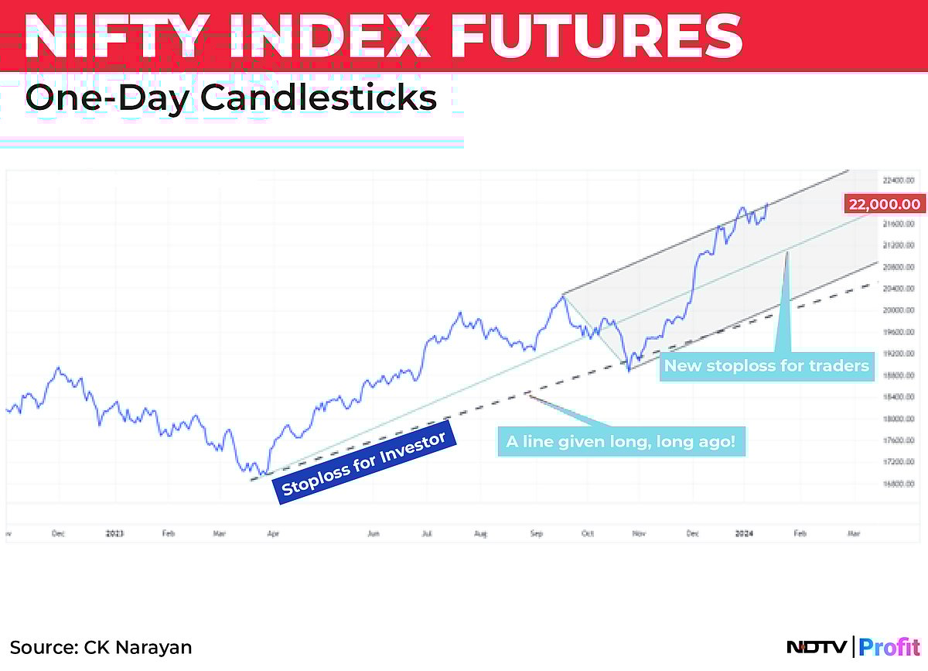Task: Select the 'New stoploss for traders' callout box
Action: coord(766,365)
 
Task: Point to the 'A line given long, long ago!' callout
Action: coord(620,442)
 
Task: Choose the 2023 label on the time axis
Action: coord(114,533)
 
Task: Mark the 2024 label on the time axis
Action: coord(744,533)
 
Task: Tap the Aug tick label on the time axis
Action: coord(481,533)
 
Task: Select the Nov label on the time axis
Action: coord(639,533)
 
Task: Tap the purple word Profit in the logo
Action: coord(889,647)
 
